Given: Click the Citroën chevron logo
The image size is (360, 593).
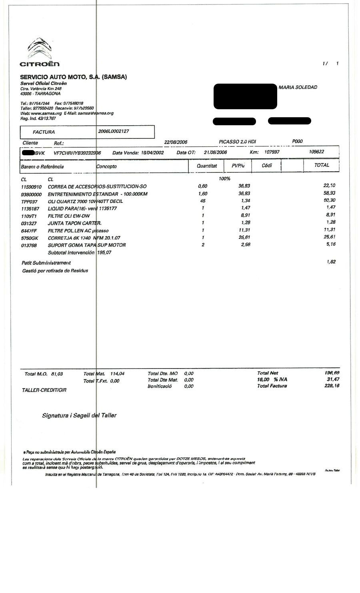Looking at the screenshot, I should (39, 48).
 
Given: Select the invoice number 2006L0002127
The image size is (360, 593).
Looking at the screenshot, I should (114, 131).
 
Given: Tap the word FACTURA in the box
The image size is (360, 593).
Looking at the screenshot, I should (44, 132).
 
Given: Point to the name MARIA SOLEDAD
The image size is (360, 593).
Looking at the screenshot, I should (298, 87).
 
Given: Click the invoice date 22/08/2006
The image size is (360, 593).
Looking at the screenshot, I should (176, 142).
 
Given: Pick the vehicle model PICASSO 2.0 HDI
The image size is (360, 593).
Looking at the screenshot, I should (237, 142).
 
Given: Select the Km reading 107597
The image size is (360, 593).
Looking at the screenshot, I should (272, 152).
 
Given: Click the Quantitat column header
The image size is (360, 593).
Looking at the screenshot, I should (207, 166).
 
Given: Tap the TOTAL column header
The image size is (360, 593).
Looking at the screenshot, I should (322, 165).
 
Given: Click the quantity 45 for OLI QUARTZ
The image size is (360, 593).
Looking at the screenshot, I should (203, 201).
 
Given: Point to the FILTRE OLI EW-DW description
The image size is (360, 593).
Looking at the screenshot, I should (69, 216).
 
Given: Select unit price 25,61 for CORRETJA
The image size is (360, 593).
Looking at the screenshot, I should (244, 238).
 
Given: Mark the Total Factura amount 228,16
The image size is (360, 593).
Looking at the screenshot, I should (332, 386).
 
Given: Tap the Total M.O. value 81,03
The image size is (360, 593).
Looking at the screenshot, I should (57, 374).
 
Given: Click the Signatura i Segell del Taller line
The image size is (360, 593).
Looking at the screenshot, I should (79, 415).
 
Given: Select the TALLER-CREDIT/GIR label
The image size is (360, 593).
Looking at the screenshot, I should (44, 390).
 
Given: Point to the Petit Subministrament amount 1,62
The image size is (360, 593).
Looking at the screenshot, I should (331, 262).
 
